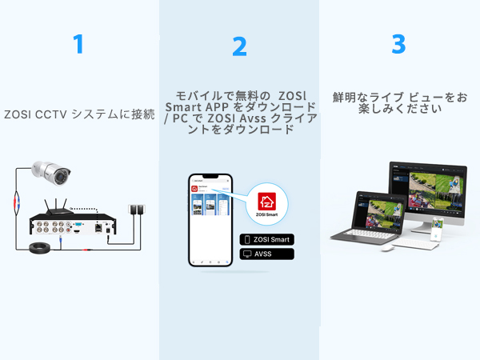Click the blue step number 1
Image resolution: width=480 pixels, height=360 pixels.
tap(78, 43)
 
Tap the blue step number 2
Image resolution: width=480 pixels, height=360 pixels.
tap(239, 46)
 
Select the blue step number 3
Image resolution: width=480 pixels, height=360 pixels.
tap(398, 43)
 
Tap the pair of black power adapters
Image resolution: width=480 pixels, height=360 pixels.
tap(137, 210)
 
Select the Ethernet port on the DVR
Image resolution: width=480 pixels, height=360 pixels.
tap(97, 228)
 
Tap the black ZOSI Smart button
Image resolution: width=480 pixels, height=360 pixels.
tap(267, 239)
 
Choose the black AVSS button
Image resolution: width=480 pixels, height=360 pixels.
tap(267, 254)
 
